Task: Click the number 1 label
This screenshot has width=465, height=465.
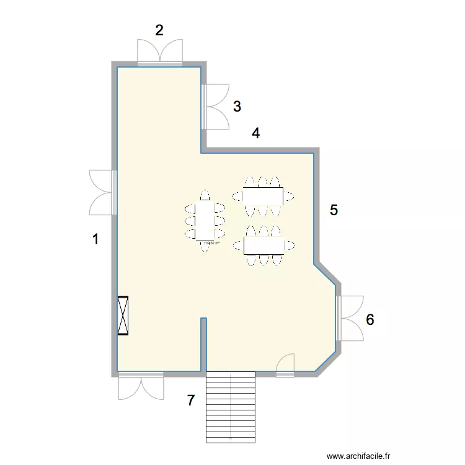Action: click(95, 239)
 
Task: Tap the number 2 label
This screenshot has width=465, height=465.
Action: click(159, 30)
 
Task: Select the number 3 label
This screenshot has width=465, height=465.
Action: click(237, 106)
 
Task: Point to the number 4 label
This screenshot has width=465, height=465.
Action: click(255, 133)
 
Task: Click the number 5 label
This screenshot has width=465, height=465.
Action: click(334, 210)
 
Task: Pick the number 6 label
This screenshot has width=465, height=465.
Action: click(370, 320)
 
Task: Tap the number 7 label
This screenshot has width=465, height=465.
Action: click(191, 401)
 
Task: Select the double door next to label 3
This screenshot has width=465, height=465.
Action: click(216, 106)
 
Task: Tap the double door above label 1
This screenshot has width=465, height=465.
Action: click(102, 192)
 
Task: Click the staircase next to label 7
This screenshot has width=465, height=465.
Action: click(230, 407)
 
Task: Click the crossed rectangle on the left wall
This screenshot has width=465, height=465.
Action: click(123, 316)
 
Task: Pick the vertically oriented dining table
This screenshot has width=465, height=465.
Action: click(204, 221)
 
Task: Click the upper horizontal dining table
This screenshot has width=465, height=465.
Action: click(263, 196)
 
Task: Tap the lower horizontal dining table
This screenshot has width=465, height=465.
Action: click(264, 246)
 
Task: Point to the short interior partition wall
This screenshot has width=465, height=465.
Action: click(203, 344)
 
